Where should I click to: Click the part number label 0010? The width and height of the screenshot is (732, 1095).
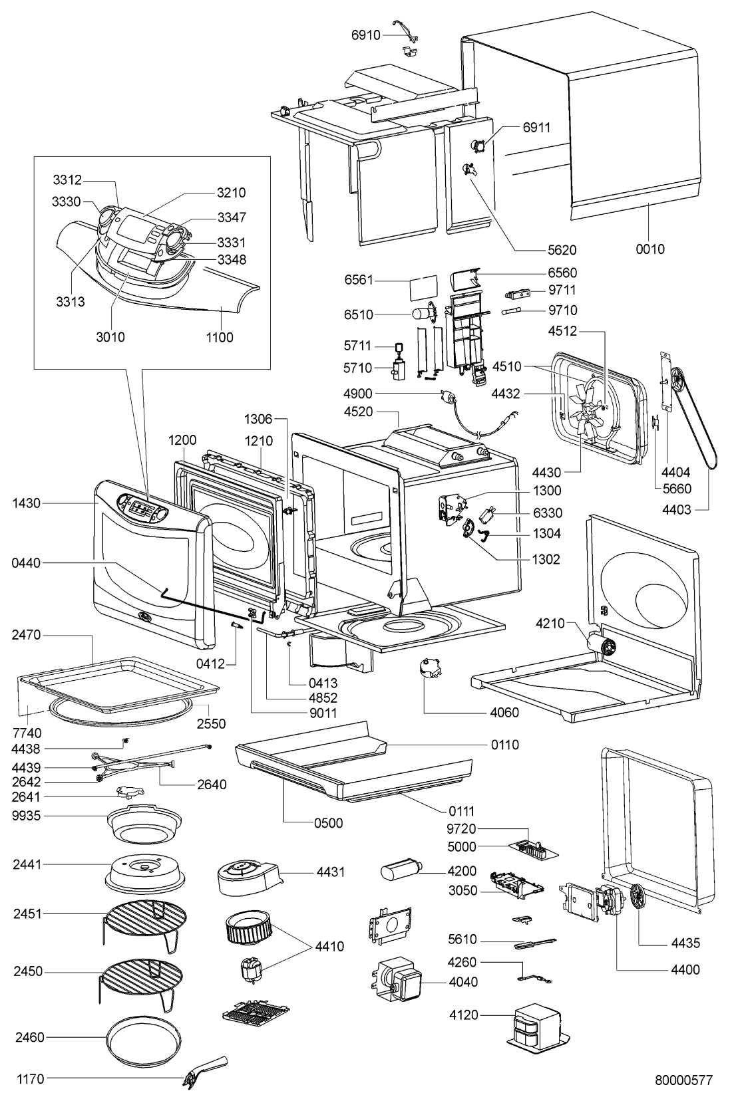650,249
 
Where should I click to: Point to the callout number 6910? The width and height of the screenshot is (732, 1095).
366,35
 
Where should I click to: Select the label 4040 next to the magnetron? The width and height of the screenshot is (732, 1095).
463,982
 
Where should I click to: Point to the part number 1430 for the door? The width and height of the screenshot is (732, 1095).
27,503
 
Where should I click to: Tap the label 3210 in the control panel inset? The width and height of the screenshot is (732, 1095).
231,193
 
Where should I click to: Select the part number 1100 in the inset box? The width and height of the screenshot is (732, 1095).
220,337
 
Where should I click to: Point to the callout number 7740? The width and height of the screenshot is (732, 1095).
27,733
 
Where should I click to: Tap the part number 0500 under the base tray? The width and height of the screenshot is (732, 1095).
329,823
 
